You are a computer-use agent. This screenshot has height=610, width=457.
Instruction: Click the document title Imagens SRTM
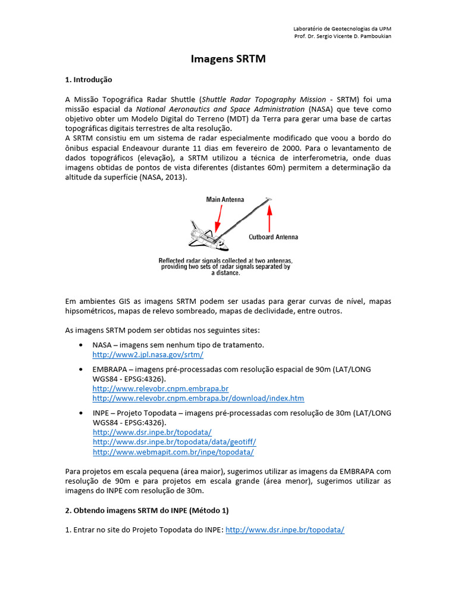(x=228, y=59)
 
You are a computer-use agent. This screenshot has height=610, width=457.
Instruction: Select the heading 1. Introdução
(x=88, y=79)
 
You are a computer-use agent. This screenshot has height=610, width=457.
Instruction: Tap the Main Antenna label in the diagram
(x=225, y=200)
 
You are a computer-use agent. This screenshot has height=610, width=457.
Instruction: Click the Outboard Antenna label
(x=273, y=236)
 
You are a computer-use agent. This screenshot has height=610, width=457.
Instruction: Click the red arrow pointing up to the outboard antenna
(x=270, y=217)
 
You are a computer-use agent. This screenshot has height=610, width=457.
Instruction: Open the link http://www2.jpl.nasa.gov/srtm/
(x=148, y=354)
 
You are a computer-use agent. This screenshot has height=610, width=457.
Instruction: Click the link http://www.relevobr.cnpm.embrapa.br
(x=156, y=388)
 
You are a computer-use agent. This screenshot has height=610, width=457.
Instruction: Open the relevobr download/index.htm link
(x=198, y=398)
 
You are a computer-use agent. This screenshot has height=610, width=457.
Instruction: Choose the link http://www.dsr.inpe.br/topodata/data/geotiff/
(x=174, y=442)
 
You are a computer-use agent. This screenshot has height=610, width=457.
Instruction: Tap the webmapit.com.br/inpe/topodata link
(x=173, y=452)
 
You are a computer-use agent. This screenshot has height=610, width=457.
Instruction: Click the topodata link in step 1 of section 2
(x=285, y=530)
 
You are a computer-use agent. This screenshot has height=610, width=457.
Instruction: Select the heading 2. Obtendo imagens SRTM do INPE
(x=146, y=511)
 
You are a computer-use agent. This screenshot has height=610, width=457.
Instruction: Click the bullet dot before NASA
(x=80, y=346)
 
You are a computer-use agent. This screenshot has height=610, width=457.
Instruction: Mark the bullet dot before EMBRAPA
(x=80, y=369)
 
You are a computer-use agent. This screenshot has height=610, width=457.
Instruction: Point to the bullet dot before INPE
(x=80, y=413)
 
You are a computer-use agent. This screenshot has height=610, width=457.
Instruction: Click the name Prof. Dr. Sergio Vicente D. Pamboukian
(x=343, y=36)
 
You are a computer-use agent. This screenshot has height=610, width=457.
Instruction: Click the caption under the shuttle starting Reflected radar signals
(x=225, y=267)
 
